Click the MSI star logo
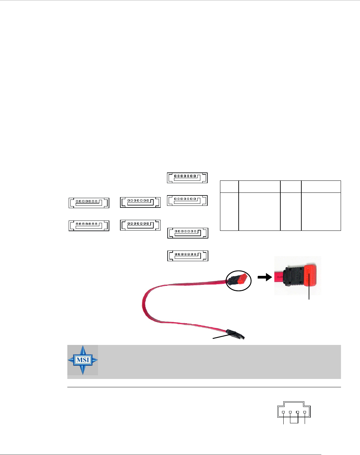[83, 360]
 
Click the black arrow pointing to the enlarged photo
[265, 277]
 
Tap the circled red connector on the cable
[239, 280]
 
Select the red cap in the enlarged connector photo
[310, 276]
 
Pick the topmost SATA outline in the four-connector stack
[187, 178]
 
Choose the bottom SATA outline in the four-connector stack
[188, 256]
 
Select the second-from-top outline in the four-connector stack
[187, 200]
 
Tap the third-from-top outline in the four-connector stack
[188, 233]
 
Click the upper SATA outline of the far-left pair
[89, 203]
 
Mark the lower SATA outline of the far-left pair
[89, 226]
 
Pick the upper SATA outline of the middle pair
[140, 202]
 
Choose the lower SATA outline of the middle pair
[140, 225]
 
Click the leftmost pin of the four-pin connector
[283, 412]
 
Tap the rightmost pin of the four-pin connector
[305, 412]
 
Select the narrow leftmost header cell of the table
[229, 186]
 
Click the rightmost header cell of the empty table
[321, 186]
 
